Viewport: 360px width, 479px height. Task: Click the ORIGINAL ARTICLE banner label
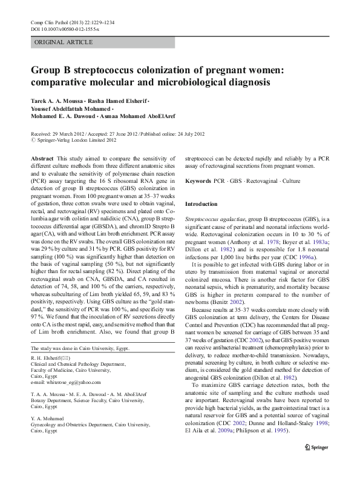(x=64, y=42)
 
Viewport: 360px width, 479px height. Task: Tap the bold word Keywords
(x=198, y=181)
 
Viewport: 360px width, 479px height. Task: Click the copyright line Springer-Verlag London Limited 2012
(x=75, y=140)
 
